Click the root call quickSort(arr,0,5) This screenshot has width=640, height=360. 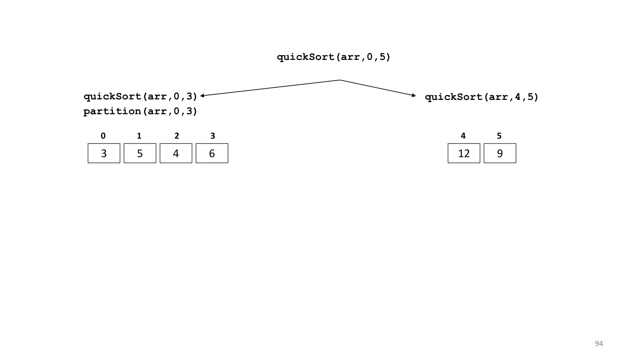[333, 57]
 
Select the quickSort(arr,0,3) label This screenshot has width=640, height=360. [140, 97]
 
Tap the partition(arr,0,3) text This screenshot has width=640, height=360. [140, 111]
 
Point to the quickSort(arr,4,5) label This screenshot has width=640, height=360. [482, 97]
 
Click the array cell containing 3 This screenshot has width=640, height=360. [104, 153]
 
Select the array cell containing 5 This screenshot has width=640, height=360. [140, 153]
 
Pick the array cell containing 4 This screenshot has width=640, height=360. [176, 153]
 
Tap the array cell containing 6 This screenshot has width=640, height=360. [212, 153]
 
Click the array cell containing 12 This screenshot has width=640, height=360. [464, 153]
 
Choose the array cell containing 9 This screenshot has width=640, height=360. [500, 153]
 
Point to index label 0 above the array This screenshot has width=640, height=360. [103, 136]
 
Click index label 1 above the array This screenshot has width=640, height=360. [139, 136]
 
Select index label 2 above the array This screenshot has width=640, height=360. [177, 136]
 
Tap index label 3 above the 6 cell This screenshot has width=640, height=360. [213, 136]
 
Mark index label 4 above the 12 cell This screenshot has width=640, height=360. [463, 136]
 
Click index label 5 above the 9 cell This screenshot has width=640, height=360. [499, 136]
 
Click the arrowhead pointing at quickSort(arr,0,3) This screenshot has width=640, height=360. [202, 96]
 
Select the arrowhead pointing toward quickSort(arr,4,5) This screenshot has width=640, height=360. [414, 95]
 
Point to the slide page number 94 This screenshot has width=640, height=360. [599, 344]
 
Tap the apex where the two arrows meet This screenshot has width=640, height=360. [340, 80]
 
